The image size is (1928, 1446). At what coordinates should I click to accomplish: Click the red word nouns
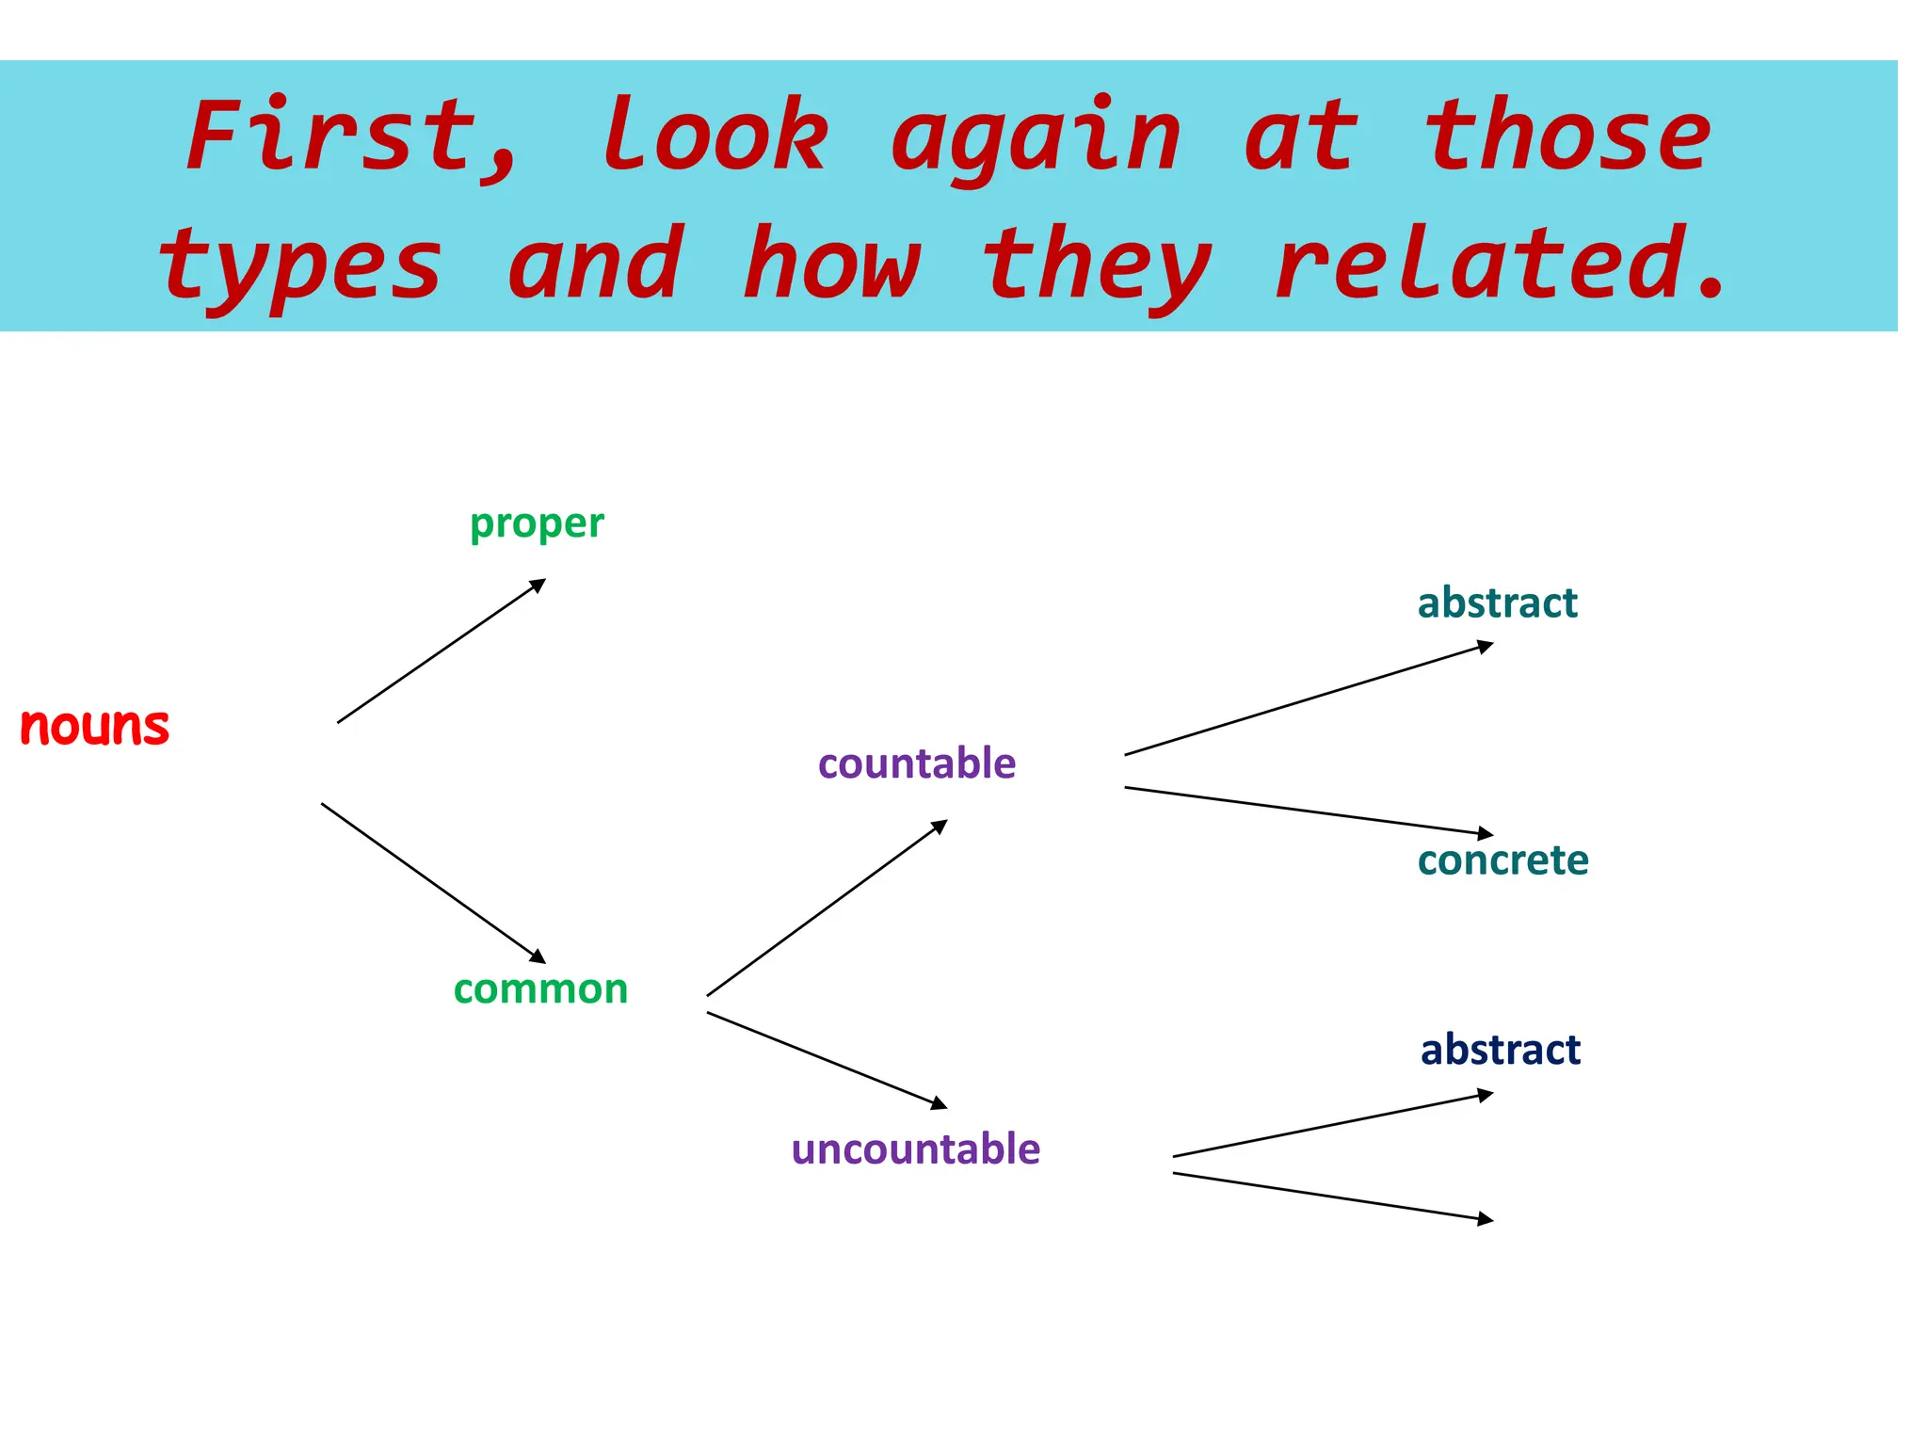click(x=94, y=727)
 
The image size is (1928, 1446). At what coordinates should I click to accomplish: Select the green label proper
click(x=537, y=523)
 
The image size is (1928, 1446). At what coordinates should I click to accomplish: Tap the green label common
click(x=540, y=988)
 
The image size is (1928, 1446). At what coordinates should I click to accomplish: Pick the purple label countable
click(x=917, y=763)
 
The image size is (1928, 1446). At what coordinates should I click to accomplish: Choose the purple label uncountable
click(x=916, y=1149)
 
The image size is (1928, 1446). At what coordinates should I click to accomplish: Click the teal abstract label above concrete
click(x=1497, y=602)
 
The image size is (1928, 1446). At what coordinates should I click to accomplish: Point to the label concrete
click(x=1502, y=860)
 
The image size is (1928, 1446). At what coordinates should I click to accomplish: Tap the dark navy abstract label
click(x=1501, y=1049)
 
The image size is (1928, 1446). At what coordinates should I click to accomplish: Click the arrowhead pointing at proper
click(x=538, y=585)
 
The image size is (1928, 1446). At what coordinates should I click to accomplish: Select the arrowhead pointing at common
click(x=538, y=956)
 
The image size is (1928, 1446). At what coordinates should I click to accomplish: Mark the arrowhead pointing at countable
click(x=939, y=827)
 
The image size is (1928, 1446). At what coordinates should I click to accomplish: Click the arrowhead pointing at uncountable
click(x=939, y=1102)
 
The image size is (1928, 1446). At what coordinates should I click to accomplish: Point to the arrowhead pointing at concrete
click(x=1486, y=833)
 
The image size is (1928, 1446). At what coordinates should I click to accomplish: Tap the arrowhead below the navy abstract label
click(x=1486, y=1095)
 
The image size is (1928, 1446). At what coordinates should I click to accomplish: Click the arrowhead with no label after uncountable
click(x=1486, y=1219)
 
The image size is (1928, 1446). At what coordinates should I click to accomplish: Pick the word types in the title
click(x=299, y=266)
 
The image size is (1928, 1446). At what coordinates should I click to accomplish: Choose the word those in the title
click(x=1567, y=137)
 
